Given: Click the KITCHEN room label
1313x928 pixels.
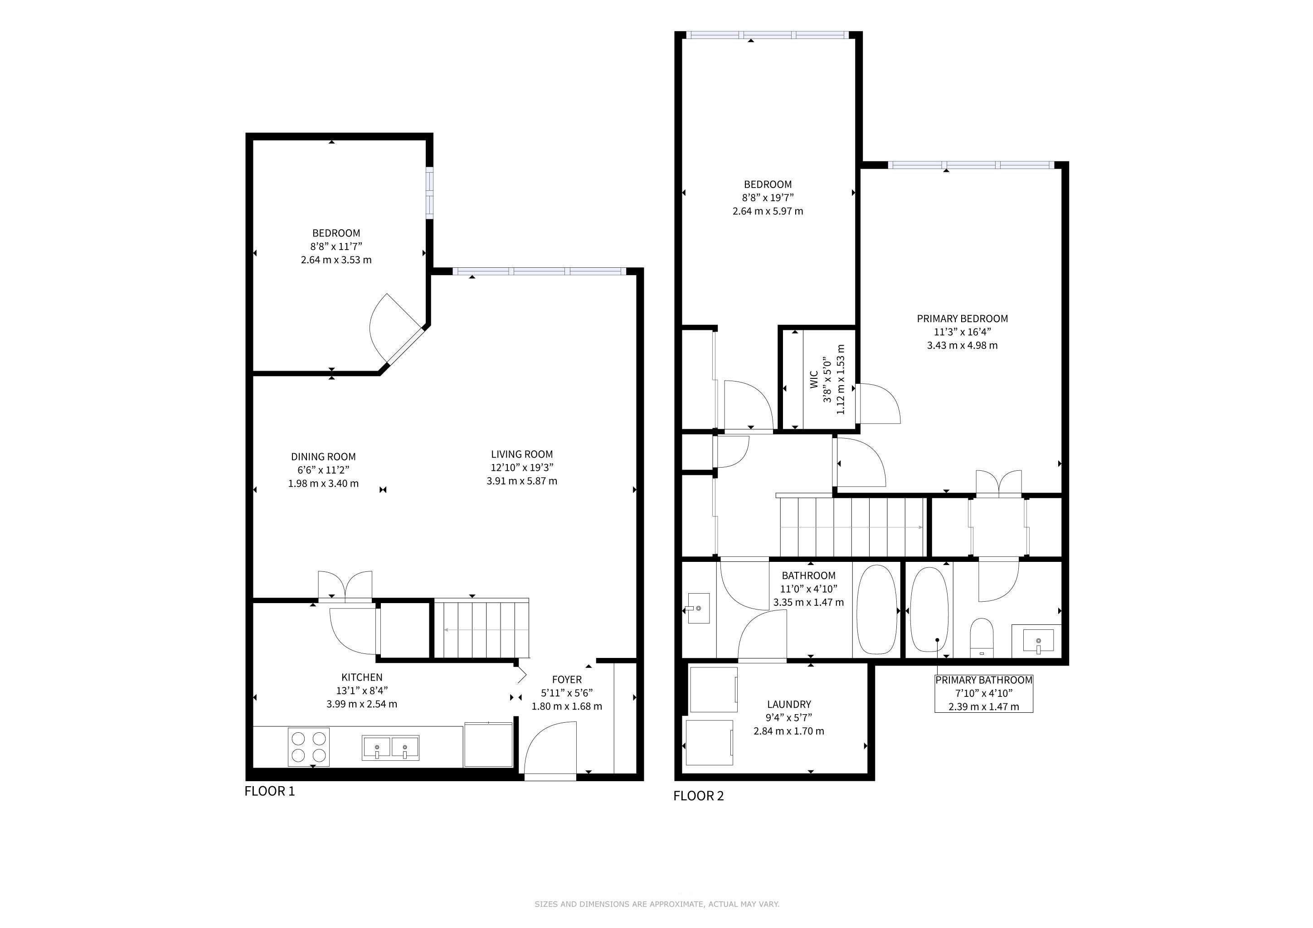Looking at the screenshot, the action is click(x=362, y=677).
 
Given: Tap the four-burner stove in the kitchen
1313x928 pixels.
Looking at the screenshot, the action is click(x=309, y=747).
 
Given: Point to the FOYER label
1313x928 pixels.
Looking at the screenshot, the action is click(x=567, y=679).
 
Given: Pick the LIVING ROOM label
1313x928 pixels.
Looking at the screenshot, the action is click(x=521, y=454).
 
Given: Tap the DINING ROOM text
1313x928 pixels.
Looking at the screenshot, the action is click(x=323, y=457).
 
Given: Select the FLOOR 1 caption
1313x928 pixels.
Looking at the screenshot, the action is click(x=269, y=792).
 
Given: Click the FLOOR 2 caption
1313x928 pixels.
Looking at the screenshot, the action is click(x=698, y=796).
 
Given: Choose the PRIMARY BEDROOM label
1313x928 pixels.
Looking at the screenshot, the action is click(x=963, y=319).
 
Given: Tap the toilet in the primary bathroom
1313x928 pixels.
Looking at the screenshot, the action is click(x=982, y=637).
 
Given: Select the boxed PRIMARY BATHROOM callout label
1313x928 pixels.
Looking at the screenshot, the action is click(x=983, y=693).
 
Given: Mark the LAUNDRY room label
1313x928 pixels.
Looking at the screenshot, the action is click(x=789, y=705).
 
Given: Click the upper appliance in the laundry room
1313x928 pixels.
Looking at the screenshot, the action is click(x=714, y=690).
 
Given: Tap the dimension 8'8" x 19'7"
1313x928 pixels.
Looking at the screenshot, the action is click(x=768, y=198).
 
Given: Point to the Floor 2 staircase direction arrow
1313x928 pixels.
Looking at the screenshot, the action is click(x=851, y=527).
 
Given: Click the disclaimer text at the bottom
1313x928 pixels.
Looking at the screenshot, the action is click(x=656, y=904).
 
